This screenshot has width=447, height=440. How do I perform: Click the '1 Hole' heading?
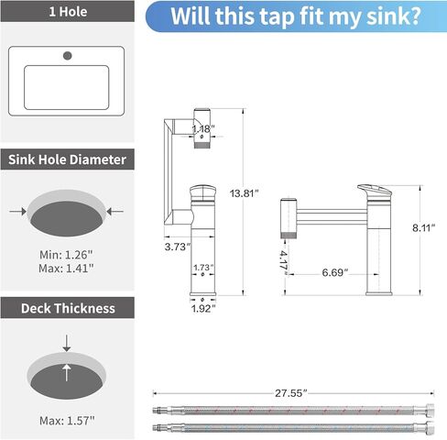(x=68, y=12)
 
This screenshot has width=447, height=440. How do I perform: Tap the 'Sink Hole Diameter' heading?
(x=67, y=159)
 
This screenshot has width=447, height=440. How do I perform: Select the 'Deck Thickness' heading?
(x=68, y=308)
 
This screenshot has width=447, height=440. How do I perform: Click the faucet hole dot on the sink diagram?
(x=68, y=56)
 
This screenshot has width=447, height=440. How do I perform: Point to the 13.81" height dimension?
(x=244, y=193)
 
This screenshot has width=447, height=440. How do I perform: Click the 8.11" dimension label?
(x=423, y=228)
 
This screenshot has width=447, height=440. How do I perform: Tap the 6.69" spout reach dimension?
(x=335, y=272)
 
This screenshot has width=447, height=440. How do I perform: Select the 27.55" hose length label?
(x=290, y=393)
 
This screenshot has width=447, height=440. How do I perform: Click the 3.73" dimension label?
(x=178, y=247)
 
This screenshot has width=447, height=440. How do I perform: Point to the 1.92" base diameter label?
(x=203, y=309)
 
